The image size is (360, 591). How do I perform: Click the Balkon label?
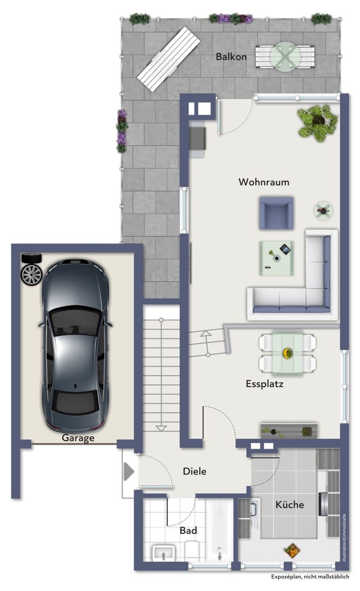pyautogui.click(x=231, y=56)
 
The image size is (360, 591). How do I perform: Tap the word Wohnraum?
pyautogui.click(x=264, y=182)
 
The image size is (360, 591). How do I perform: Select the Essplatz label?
pyautogui.click(x=264, y=384)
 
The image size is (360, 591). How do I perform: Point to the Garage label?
pyautogui.click(x=78, y=438)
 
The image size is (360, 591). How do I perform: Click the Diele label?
pyautogui.click(x=195, y=471)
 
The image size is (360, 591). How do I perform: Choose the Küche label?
pyautogui.click(x=289, y=505)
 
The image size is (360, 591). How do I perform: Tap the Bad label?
pyautogui.click(x=188, y=531)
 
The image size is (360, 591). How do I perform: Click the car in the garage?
pyautogui.click(x=76, y=345)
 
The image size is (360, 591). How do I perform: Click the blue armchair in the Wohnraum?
pyautogui.click(x=276, y=213)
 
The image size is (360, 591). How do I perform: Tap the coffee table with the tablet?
pyautogui.click(x=276, y=258)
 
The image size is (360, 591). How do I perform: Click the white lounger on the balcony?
pyautogui.click(x=169, y=59)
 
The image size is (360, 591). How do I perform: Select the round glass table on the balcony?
pyautogui.click(x=286, y=56)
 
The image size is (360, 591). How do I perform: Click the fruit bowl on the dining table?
pyautogui.click(x=288, y=353)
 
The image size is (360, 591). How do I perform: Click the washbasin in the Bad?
pyautogui.click(x=164, y=553)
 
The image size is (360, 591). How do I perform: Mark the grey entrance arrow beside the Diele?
pyautogui.click(x=129, y=471)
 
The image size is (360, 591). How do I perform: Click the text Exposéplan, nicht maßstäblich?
pyautogui.click(x=310, y=577)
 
